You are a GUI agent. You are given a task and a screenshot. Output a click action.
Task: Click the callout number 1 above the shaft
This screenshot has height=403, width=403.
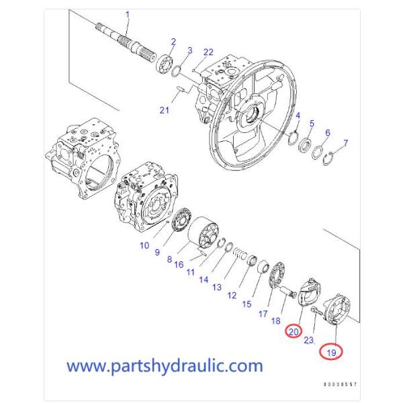point(128,14)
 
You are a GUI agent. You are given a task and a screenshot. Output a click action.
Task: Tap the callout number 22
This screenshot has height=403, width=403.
point(208,52)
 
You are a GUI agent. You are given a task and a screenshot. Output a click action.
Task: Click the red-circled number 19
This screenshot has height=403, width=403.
point(330,351)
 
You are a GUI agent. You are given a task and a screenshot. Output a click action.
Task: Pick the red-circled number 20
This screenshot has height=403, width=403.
point(294,331)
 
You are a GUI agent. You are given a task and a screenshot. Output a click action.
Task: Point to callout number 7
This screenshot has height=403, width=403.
point(345,143)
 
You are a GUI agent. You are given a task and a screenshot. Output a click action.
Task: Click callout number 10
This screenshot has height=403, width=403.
point(144,245)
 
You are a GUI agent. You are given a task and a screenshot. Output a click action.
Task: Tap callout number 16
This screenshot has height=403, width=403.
point(179,265)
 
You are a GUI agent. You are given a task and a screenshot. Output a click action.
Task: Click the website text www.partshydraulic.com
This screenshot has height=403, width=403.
point(165,366)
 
